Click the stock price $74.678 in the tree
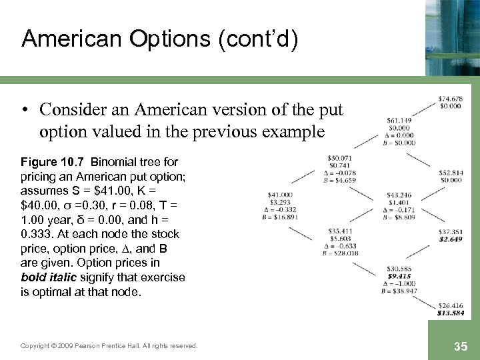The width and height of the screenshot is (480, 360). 451,100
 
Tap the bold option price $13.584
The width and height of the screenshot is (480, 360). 451,313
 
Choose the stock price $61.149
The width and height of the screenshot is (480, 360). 399,121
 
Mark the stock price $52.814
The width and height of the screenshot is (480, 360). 451,173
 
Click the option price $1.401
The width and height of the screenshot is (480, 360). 399,202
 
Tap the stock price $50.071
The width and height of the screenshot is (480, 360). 340,157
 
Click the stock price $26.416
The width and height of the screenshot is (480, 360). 451,306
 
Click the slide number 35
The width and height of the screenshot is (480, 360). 459,345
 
